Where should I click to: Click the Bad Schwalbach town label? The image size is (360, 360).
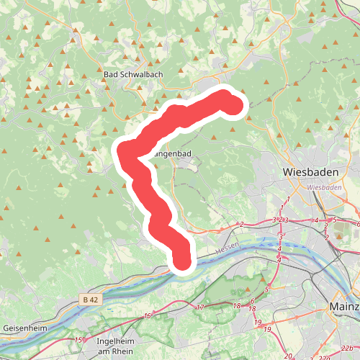coord(130,74)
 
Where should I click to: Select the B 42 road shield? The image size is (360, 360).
coord(89,299)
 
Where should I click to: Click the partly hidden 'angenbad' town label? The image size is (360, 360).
coord(173,153)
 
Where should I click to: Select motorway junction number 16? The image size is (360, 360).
coord(148,315)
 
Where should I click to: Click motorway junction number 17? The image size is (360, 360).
coord(200,307)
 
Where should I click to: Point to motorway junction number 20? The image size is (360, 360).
coord(288,356)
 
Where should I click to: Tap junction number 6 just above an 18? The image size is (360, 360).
coord(252,300)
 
